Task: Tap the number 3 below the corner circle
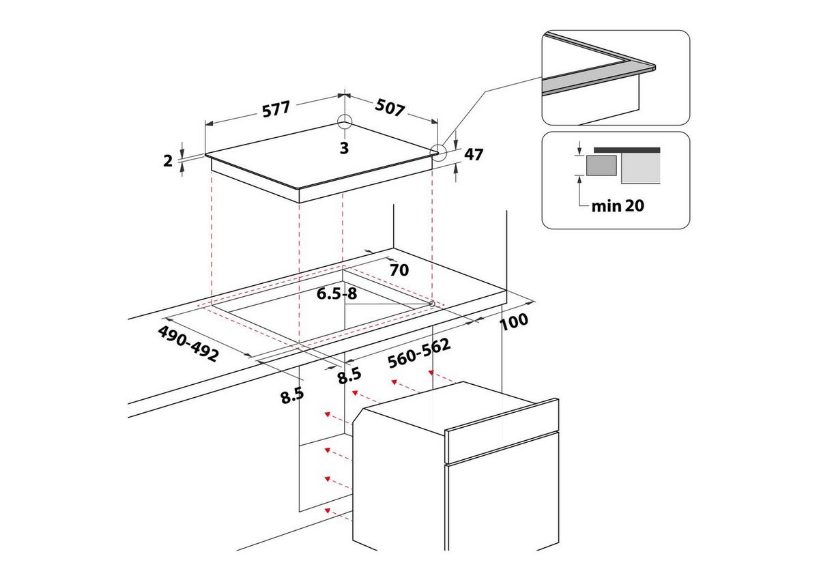344,147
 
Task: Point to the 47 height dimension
474,154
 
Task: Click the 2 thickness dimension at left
168,160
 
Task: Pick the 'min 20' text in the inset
617,205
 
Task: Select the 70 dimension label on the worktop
399,270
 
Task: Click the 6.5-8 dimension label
337,294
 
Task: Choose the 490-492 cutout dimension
188,343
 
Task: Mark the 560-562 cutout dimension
419,353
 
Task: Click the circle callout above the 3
345,122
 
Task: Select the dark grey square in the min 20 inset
601,166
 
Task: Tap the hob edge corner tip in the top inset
653,67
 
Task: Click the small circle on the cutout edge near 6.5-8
433,303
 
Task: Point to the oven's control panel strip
502,434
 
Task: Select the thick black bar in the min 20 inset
627,149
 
